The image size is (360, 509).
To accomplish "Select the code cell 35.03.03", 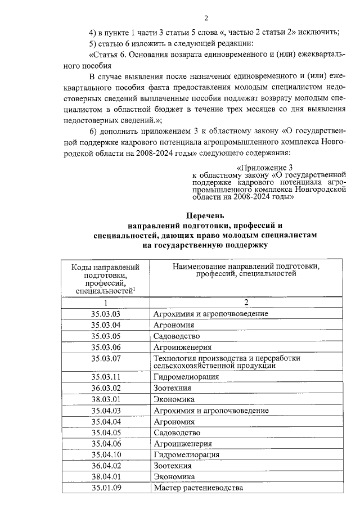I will pyautogui.click(x=106, y=313).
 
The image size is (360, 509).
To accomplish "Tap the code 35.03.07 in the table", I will pyautogui.click(x=106, y=358).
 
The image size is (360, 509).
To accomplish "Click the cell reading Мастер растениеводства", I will pyautogui.click(x=197, y=487).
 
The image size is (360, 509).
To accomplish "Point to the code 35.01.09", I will pyautogui.click(x=106, y=487).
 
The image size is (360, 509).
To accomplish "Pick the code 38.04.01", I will pyautogui.click(x=106, y=476).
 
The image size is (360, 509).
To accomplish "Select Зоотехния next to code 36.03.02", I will pyautogui.click(x=172, y=388).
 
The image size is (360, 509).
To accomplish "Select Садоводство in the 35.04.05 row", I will pyautogui.click(x=177, y=432).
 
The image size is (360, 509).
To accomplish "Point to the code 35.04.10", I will pyautogui.click(x=106, y=454).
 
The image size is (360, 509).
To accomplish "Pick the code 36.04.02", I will pyautogui.click(x=106, y=465).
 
